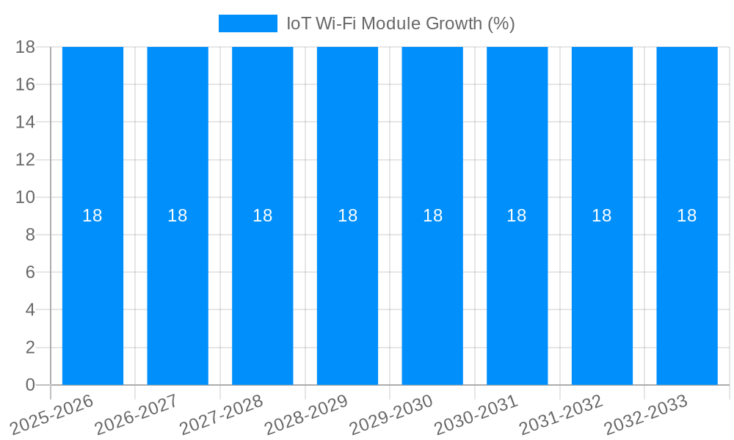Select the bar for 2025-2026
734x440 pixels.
point(92,293)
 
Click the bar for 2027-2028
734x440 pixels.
point(262,293)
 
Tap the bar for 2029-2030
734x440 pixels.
point(432,293)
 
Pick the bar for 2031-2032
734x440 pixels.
point(602,293)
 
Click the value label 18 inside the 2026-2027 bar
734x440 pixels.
point(178,216)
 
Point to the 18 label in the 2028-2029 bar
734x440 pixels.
point(347,216)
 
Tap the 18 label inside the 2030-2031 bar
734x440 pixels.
point(517,216)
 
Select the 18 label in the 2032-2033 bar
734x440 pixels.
point(687,216)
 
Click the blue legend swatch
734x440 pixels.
point(248,23)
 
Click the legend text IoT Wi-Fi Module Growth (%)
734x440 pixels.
point(400,23)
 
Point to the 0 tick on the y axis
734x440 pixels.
point(30,385)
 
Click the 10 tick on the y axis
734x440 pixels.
point(26,197)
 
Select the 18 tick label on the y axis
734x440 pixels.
point(26,47)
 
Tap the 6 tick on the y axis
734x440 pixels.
point(30,272)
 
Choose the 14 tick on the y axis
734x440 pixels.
point(26,122)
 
